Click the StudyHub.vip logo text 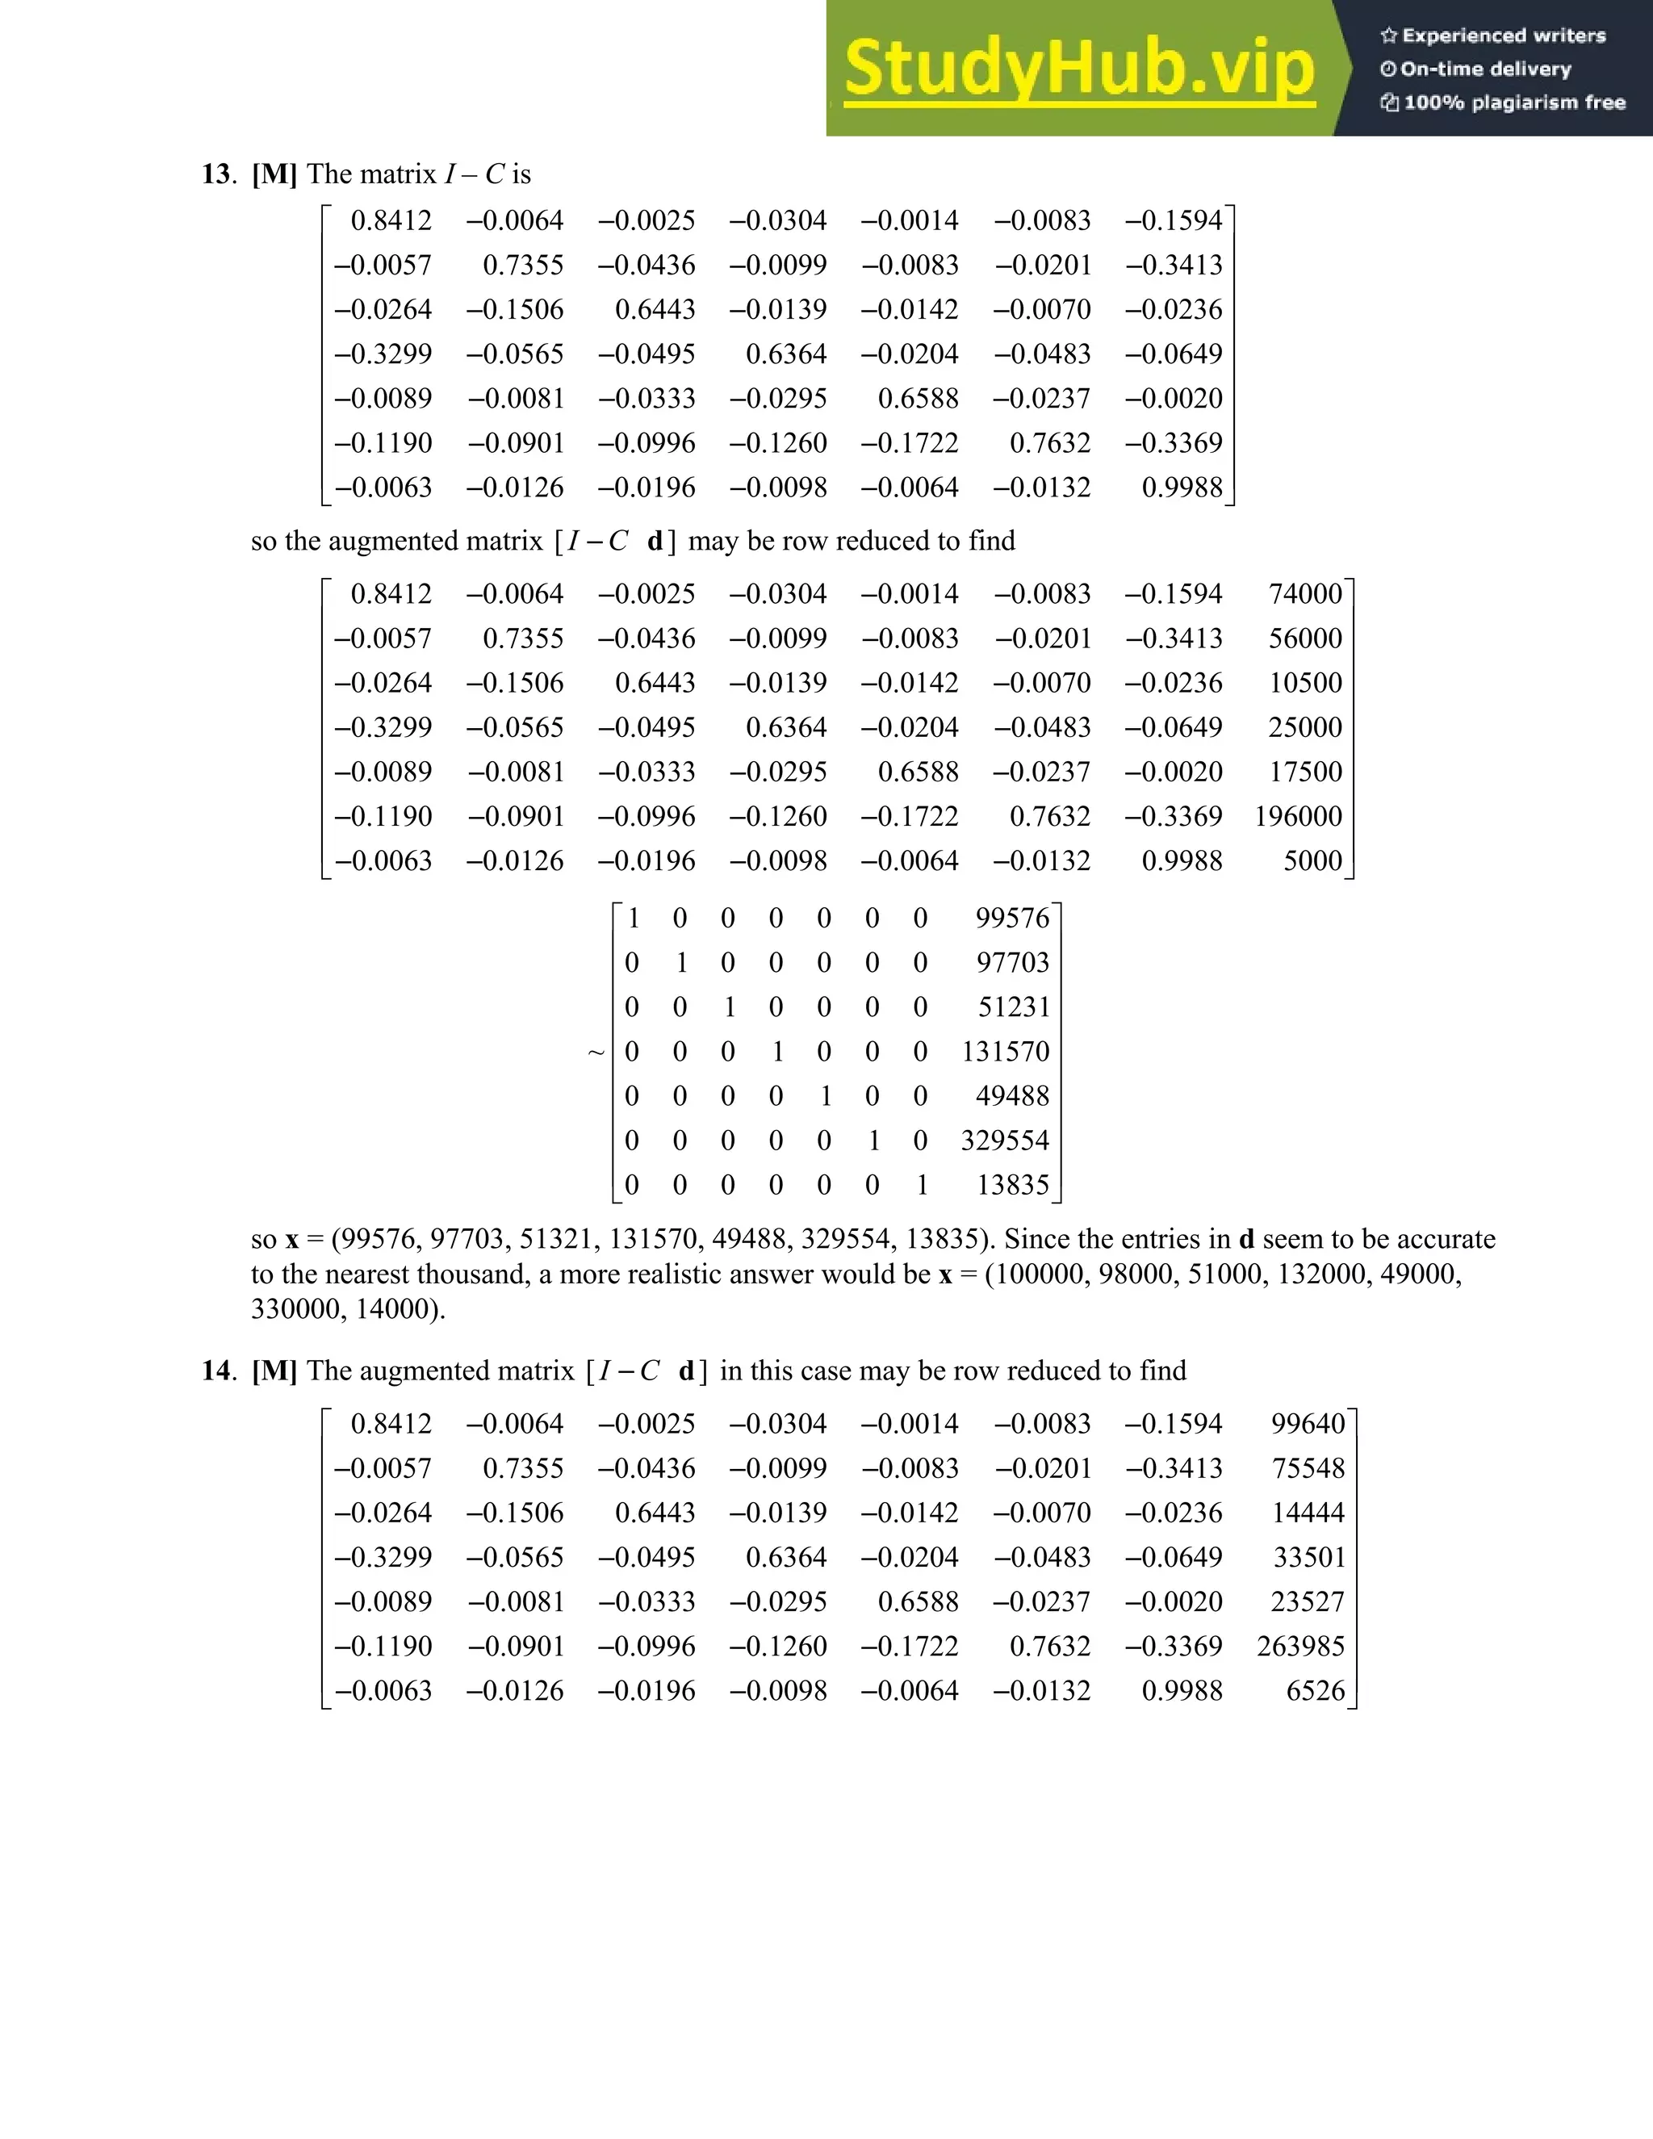coord(1078,69)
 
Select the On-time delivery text coord(1486,69)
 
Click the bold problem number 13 coord(216,174)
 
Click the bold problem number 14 coord(216,1371)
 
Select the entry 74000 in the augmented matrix coord(1305,593)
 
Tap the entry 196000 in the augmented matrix coord(1299,816)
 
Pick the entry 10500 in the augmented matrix coord(1305,683)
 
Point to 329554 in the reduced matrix coord(1005,1140)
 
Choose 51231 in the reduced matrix coord(1014,1007)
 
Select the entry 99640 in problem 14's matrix coord(1308,1423)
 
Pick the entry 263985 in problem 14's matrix coord(1300,1645)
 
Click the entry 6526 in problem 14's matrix coord(1315,1690)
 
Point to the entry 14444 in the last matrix coord(1308,1512)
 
